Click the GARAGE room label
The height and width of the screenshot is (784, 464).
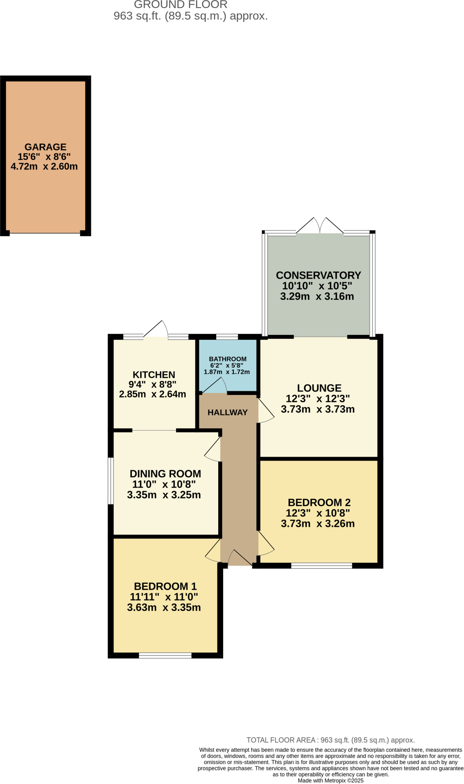[45, 147]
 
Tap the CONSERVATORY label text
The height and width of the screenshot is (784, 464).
[318, 275]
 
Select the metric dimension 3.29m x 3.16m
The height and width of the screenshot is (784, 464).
[317, 296]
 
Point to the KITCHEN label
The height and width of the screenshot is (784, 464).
[154, 375]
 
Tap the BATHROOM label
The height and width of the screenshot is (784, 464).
[227, 359]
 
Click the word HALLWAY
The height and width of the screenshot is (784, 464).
[227, 412]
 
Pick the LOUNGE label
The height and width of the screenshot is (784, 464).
[319, 388]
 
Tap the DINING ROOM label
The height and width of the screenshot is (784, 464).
[165, 474]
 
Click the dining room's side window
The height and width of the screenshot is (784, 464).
[111, 481]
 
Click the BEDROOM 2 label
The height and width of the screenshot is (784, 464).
[319, 502]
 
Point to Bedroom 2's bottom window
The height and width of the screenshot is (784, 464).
[322, 565]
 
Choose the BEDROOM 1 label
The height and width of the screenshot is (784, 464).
[165, 586]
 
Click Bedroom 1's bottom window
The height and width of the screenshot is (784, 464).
[165, 656]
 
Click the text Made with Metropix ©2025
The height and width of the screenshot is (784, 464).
[330, 781]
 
